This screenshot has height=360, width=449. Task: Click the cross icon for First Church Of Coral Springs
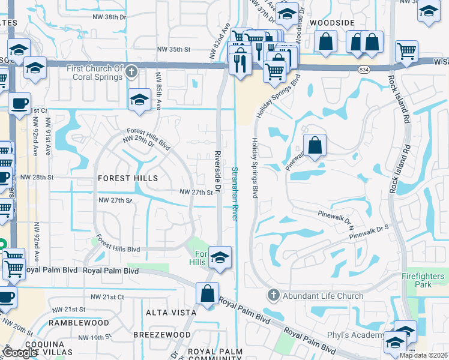132,73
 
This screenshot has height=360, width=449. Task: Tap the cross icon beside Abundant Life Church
273,295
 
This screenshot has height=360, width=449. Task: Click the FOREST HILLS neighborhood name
127,178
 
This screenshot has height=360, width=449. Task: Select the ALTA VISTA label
171,313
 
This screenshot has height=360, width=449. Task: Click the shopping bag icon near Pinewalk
315,145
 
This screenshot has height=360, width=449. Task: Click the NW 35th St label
173,49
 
